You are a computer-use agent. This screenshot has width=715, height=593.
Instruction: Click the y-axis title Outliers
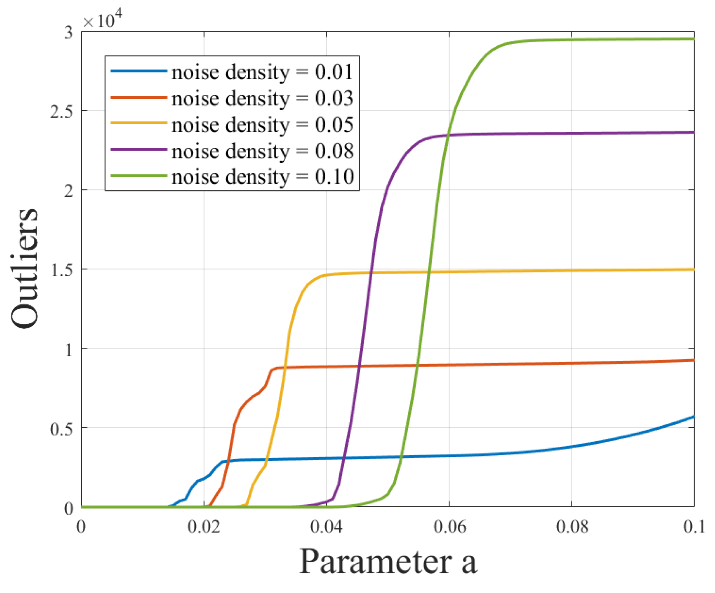(24, 268)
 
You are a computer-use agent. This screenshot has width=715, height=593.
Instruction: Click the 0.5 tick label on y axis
(62, 429)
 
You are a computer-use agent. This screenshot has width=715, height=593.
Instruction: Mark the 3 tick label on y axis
(69, 33)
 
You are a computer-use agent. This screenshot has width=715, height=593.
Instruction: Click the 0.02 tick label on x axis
(204, 527)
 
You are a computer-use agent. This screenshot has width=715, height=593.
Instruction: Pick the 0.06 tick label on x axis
(449, 527)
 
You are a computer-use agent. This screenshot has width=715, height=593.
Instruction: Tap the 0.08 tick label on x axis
(572, 527)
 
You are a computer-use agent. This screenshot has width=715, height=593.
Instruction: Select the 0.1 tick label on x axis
(693, 527)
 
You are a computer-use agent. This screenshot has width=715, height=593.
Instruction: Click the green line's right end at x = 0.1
(693, 39)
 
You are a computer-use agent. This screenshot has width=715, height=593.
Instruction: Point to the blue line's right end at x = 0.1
(693, 417)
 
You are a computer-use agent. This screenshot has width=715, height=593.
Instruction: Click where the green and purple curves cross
(447, 135)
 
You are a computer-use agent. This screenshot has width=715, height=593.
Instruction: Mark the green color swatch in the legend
(139, 176)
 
